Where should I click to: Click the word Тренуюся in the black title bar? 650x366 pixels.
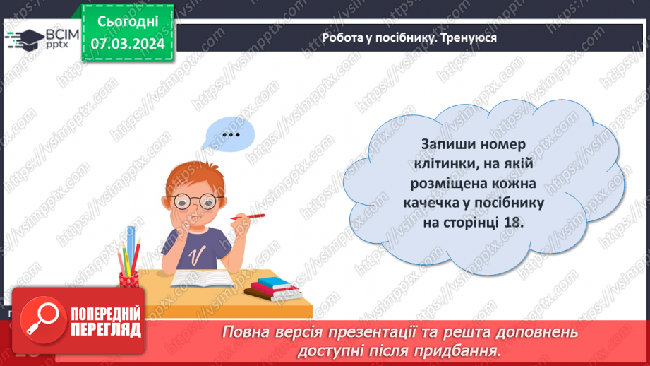(469, 38)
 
